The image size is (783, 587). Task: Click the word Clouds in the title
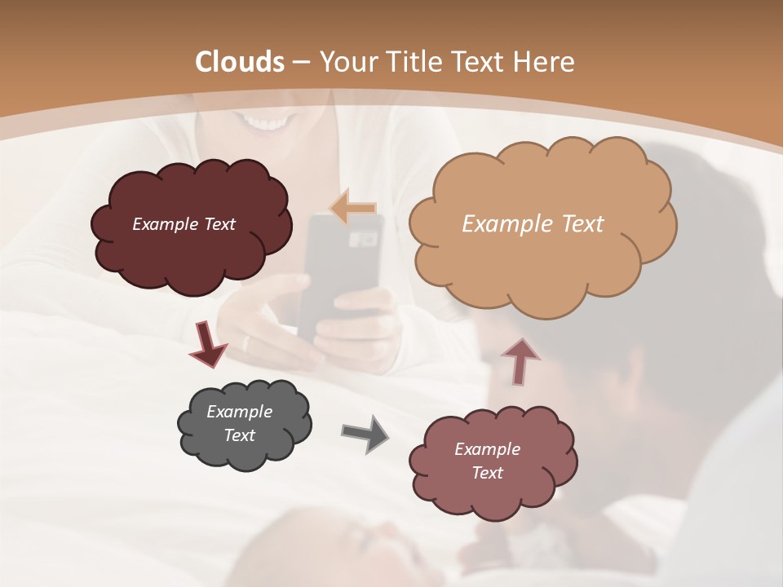click(x=240, y=62)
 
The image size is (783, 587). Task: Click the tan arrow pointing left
click(x=352, y=208)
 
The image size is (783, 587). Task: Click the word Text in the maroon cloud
click(x=218, y=224)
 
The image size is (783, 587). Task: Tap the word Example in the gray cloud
click(x=239, y=412)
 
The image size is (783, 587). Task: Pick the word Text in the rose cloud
click(x=487, y=473)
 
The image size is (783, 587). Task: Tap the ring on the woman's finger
click(x=246, y=343)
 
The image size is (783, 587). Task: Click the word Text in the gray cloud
click(x=239, y=435)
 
